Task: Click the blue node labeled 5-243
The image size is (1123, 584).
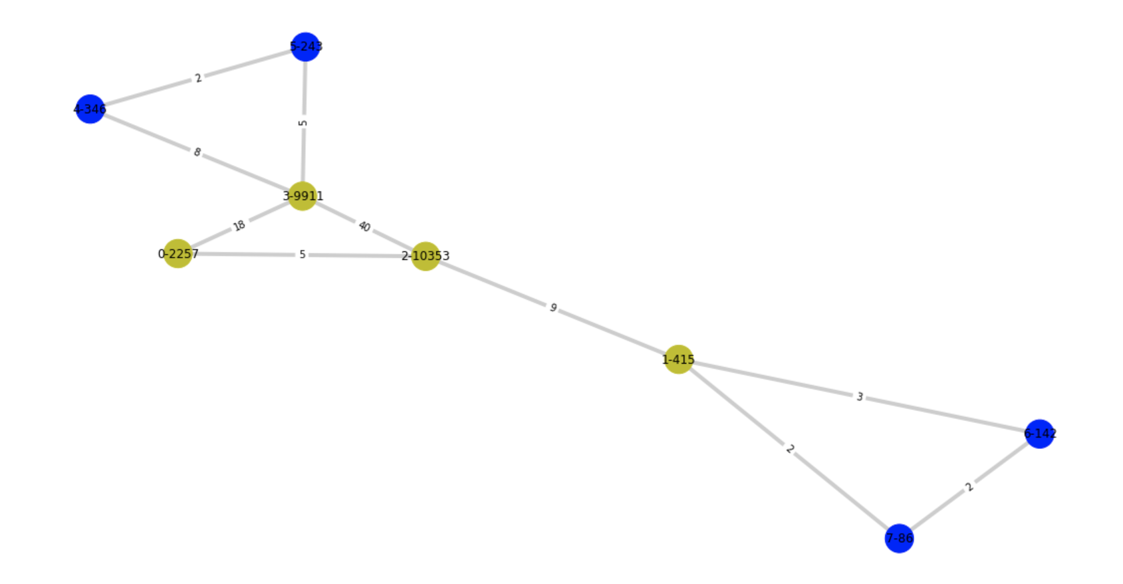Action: click(306, 47)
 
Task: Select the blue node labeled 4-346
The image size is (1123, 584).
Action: click(90, 109)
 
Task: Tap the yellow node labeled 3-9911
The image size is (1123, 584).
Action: click(303, 196)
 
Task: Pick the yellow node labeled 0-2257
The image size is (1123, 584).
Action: click(178, 253)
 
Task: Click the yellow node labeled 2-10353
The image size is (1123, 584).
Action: click(426, 256)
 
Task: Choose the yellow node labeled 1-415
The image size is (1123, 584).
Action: click(678, 360)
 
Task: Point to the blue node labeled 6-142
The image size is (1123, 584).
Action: click(1039, 434)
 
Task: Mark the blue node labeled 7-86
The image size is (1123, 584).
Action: click(899, 538)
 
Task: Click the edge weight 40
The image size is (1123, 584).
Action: click(364, 226)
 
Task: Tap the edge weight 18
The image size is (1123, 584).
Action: click(239, 225)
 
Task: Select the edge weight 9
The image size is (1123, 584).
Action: click(553, 307)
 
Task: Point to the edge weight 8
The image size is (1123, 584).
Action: click(197, 152)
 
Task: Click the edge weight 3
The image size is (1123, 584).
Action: click(859, 397)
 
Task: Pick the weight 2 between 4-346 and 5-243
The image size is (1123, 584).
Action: click(197, 78)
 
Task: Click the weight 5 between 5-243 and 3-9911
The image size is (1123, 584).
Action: click(303, 122)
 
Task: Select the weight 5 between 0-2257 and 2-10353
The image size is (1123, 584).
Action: click(302, 255)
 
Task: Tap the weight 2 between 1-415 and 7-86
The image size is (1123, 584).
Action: click(789, 449)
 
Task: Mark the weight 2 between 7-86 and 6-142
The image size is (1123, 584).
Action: click(969, 487)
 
